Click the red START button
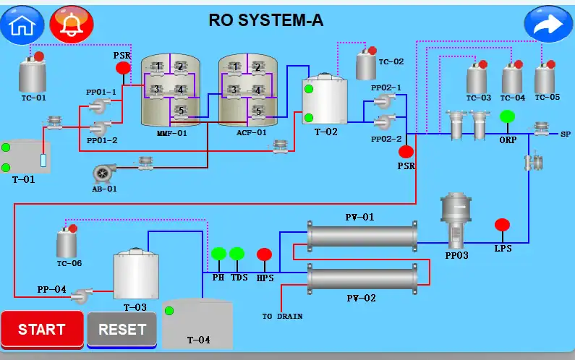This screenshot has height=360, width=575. (x=42, y=330)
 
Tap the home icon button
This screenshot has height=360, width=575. (x=22, y=25)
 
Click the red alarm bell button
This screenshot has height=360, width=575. (x=71, y=25)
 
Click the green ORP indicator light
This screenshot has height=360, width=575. (x=507, y=117)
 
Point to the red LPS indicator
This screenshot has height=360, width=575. (x=502, y=225)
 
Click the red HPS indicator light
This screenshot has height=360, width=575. (x=265, y=254)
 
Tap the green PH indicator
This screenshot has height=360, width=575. (x=218, y=254)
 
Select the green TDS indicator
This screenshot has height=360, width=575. (x=237, y=254)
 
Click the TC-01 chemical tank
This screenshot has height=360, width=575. (x=32, y=74)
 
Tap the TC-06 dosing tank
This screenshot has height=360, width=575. (x=67, y=242)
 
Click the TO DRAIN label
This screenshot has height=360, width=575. (x=282, y=316)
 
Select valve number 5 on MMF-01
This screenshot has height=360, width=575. (x=180, y=111)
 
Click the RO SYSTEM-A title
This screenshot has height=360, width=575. (x=266, y=20)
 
